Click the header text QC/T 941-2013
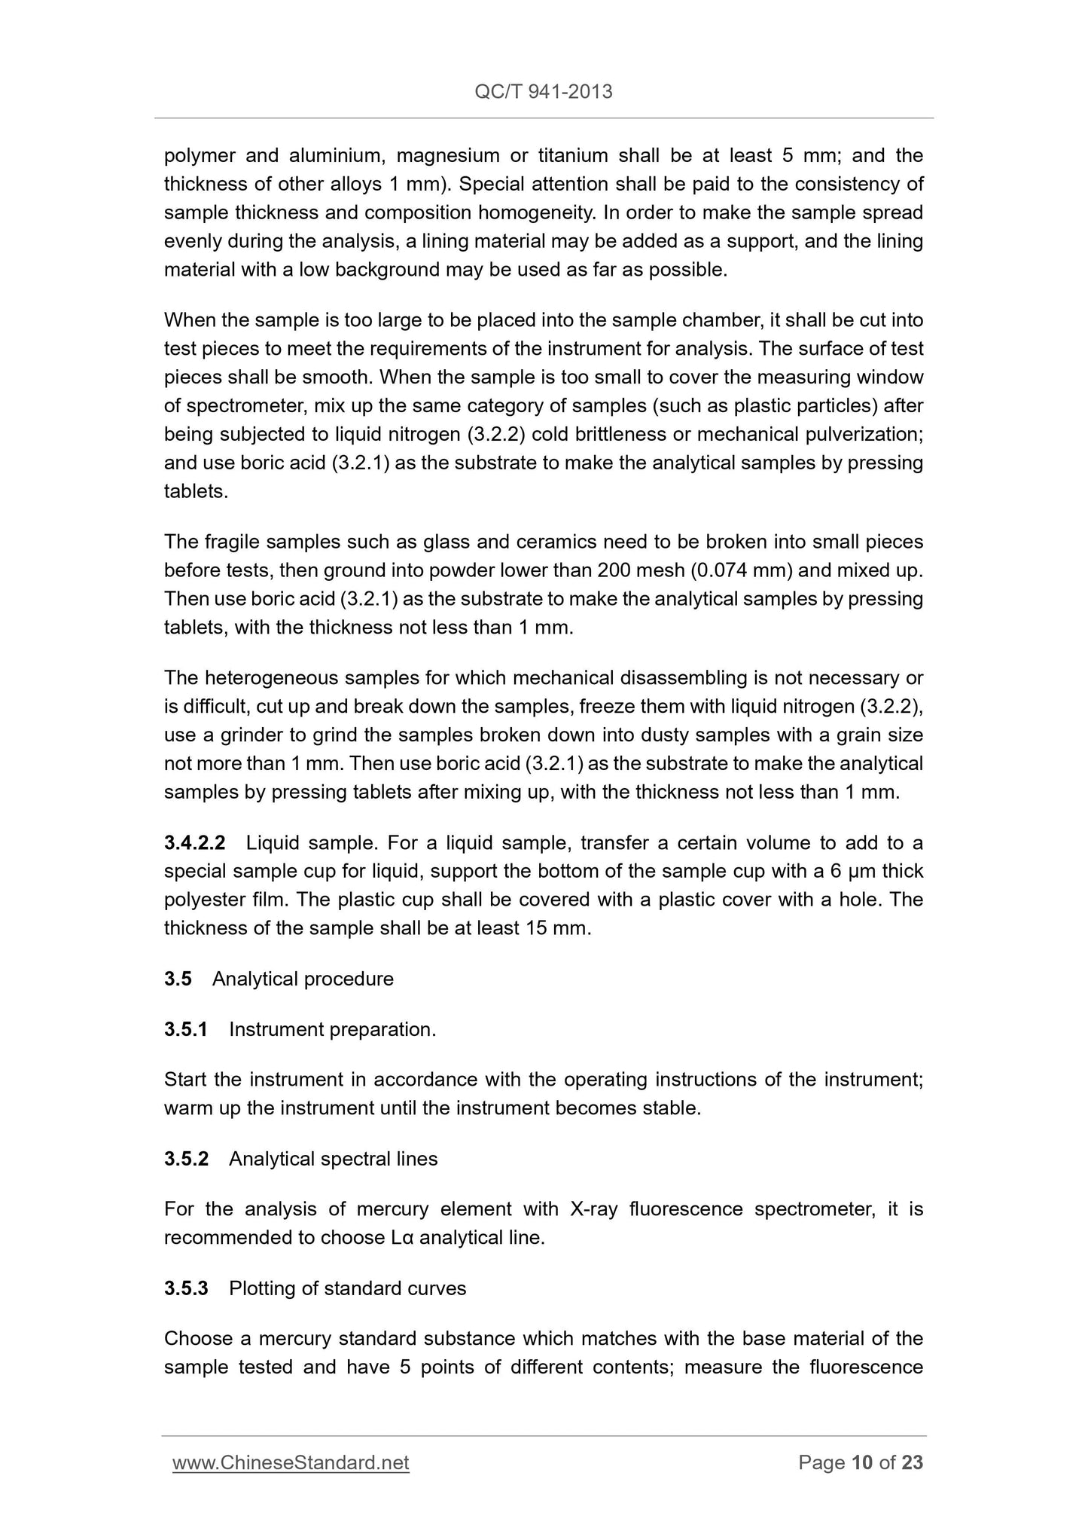[544, 92]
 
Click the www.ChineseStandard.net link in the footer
[291, 1462]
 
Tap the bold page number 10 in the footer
[862, 1462]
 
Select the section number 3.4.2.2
[194, 842]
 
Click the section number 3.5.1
[185, 1029]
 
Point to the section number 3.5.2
[186, 1159]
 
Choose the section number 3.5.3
[186, 1288]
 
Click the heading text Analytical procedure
[303, 979]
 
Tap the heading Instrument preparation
[332, 1029]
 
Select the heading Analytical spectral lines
[333, 1159]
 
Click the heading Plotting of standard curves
[347, 1288]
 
